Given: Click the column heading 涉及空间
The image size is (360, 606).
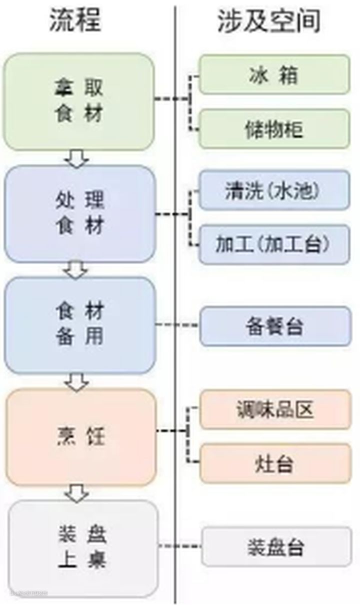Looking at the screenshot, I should click(x=268, y=21).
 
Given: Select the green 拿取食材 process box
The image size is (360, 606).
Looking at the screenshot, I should click(x=78, y=101).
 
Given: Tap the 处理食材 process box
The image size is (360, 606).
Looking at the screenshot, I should click(x=79, y=214).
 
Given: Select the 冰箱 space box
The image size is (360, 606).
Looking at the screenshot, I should click(x=274, y=74).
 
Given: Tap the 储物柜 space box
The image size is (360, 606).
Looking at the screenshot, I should click(x=274, y=129).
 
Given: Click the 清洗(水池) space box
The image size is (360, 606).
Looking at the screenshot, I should click(x=274, y=190).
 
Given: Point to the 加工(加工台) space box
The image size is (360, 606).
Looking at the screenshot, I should click(x=274, y=244).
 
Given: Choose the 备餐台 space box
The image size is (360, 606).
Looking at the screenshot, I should click(x=275, y=326).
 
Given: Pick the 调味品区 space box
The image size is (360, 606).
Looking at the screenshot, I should click(x=275, y=409).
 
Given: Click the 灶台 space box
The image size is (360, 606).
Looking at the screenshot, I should click(x=275, y=463).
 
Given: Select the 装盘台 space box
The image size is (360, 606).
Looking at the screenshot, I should click(x=276, y=546).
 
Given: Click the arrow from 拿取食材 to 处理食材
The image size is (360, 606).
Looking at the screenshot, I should click(x=77, y=158).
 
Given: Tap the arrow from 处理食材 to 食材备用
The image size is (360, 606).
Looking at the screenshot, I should click(x=77, y=270).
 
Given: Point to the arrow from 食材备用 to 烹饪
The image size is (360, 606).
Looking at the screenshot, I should click(x=78, y=381).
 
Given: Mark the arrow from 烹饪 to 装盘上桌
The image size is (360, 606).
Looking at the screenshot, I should click(x=78, y=493).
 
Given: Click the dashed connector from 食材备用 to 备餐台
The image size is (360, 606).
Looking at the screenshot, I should click(x=177, y=325).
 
